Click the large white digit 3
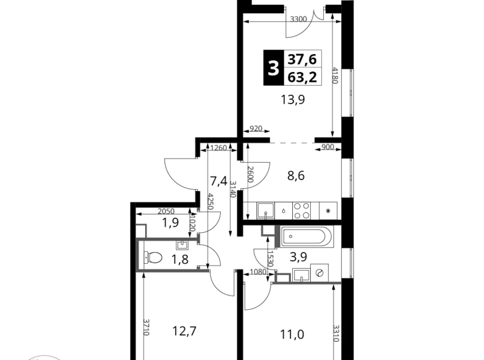pyautogui.click(x=273, y=68)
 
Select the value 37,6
pyautogui.click(x=302, y=59)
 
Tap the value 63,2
pyautogui.click(x=302, y=77)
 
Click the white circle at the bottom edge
pyautogui.click(x=43, y=358)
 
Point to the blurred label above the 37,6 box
pyautogui.click(x=298, y=19)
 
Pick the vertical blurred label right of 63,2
pyautogui.click(x=336, y=74)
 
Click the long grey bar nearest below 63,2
pyautogui.click(x=292, y=142)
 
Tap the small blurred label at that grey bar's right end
pyautogui.click(x=327, y=147)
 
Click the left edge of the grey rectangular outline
pyautogui.click(x=138, y=254)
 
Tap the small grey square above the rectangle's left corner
pyautogui.click(x=144, y=223)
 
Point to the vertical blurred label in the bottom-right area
pyautogui.click(x=336, y=332)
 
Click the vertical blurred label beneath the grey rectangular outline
pyautogui.click(x=148, y=326)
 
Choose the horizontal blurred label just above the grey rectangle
pyautogui.click(x=166, y=211)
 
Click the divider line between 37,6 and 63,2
pyautogui.click(x=303, y=68)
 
